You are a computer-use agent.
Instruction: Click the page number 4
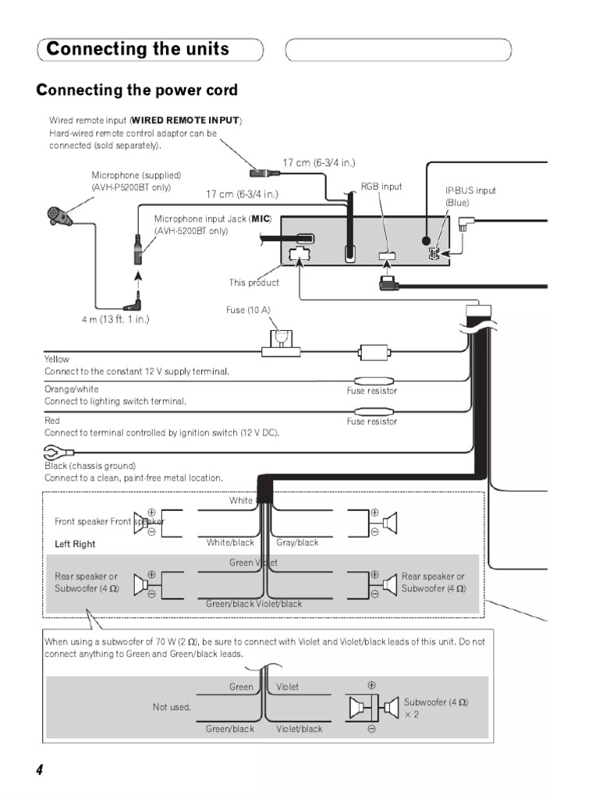click(x=39, y=769)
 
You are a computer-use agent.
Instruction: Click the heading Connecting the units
click(x=138, y=50)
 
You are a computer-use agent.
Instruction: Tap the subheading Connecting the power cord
click(x=137, y=91)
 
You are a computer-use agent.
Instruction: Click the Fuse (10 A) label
click(x=248, y=311)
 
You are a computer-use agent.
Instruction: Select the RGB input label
click(x=381, y=187)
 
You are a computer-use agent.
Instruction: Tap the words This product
click(x=253, y=282)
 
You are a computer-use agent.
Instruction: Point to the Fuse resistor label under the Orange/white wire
click(x=372, y=391)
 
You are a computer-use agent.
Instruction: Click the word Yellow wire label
click(x=57, y=359)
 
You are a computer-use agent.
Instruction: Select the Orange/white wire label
click(x=72, y=389)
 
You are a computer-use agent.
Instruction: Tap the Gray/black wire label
click(x=298, y=542)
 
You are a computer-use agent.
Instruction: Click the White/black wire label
click(x=231, y=542)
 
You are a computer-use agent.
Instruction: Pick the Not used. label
click(x=172, y=707)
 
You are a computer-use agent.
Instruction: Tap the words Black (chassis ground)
click(x=90, y=466)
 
